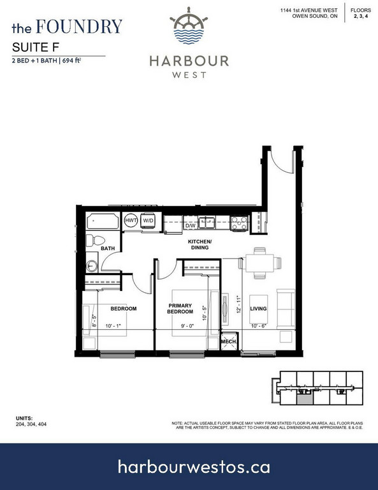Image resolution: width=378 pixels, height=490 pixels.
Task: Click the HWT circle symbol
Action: (131, 220)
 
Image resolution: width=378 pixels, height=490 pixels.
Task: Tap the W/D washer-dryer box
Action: (148, 221)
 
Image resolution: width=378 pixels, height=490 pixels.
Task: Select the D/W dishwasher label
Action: (191, 226)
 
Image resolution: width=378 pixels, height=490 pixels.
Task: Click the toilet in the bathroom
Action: (96, 241)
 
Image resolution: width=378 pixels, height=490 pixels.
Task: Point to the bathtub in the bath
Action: (103, 221)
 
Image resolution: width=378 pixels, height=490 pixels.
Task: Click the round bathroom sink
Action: (91, 266)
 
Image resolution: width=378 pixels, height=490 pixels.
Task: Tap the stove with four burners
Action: (240, 223)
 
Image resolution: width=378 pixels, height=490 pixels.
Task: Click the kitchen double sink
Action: (207, 223)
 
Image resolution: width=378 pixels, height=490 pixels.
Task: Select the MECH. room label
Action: (229, 341)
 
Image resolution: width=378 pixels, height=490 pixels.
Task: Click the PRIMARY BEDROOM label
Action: (180, 308)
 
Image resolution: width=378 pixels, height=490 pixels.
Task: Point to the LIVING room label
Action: (258, 308)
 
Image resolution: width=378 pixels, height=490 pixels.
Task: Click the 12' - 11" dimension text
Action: (239, 304)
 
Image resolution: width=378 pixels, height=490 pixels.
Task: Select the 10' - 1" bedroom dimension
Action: (113, 326)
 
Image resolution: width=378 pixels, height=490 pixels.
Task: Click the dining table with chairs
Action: (259, 263)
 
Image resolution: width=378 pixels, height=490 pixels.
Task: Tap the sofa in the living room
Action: (286, 309)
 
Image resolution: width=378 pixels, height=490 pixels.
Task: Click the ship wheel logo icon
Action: (189, 26)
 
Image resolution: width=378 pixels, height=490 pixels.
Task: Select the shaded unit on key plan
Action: (304, 399)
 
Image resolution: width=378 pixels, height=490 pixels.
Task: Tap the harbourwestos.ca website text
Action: (194, 467)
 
